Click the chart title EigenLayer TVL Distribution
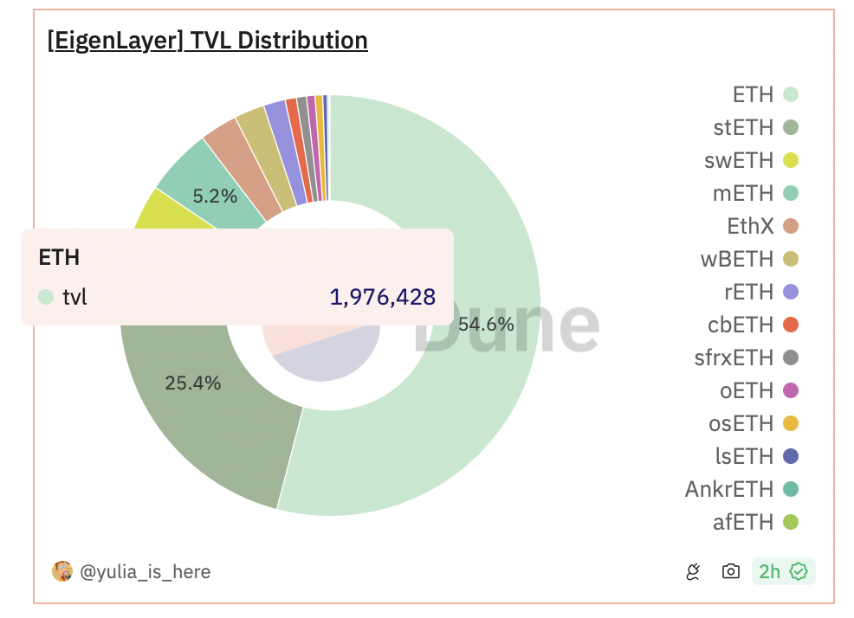pyautogui.click(x=208, y=40)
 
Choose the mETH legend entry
pyautogui.click(x=754, y=193)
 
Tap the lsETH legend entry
pyautogui.click(x=757, y=456)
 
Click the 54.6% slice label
pyautogui.click(x=486, y=325)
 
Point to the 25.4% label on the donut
pyautogui.click(x=192, y=383)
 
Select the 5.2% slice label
pyautogui.click(x=215, y=196)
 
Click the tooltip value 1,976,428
pyautogui.click(x=382, y=298)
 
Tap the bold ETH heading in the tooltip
pyautogui.click(x=59, y=257)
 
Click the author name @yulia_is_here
pyautogui.click(x=145, y=571)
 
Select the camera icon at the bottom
pyautogui.click(x=731, y=571)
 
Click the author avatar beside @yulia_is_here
pyautogui.click(x=62, y=571)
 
